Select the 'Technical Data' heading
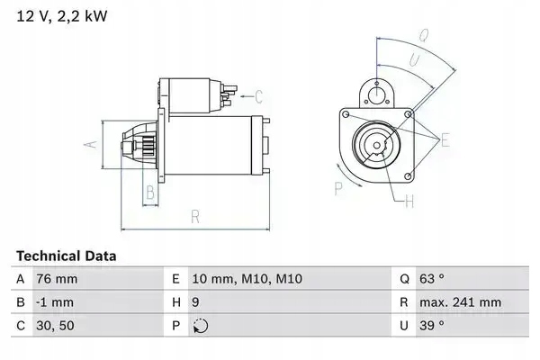pos(66,256)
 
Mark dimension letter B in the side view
pos(150,191)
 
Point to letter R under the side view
pos(194,215)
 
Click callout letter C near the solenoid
pos(257,96)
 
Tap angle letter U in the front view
pos(414,60)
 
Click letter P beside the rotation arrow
pos(338,188)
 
